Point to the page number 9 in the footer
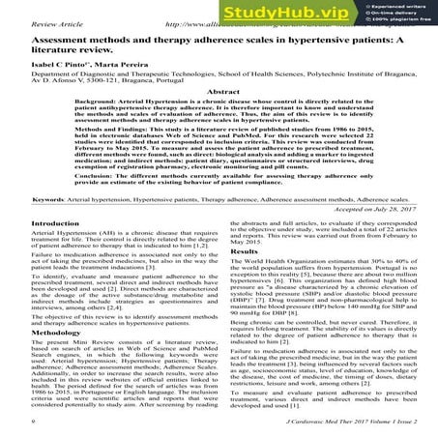tap(8, 422)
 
